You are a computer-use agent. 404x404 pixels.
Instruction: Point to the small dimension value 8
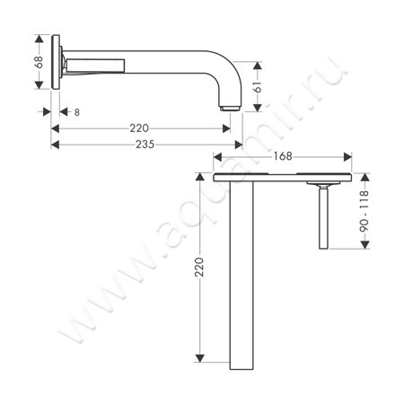(78, 112)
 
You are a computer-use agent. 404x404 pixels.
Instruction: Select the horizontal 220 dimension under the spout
(139, 127)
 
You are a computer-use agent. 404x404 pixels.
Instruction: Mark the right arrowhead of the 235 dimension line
(240, 144)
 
